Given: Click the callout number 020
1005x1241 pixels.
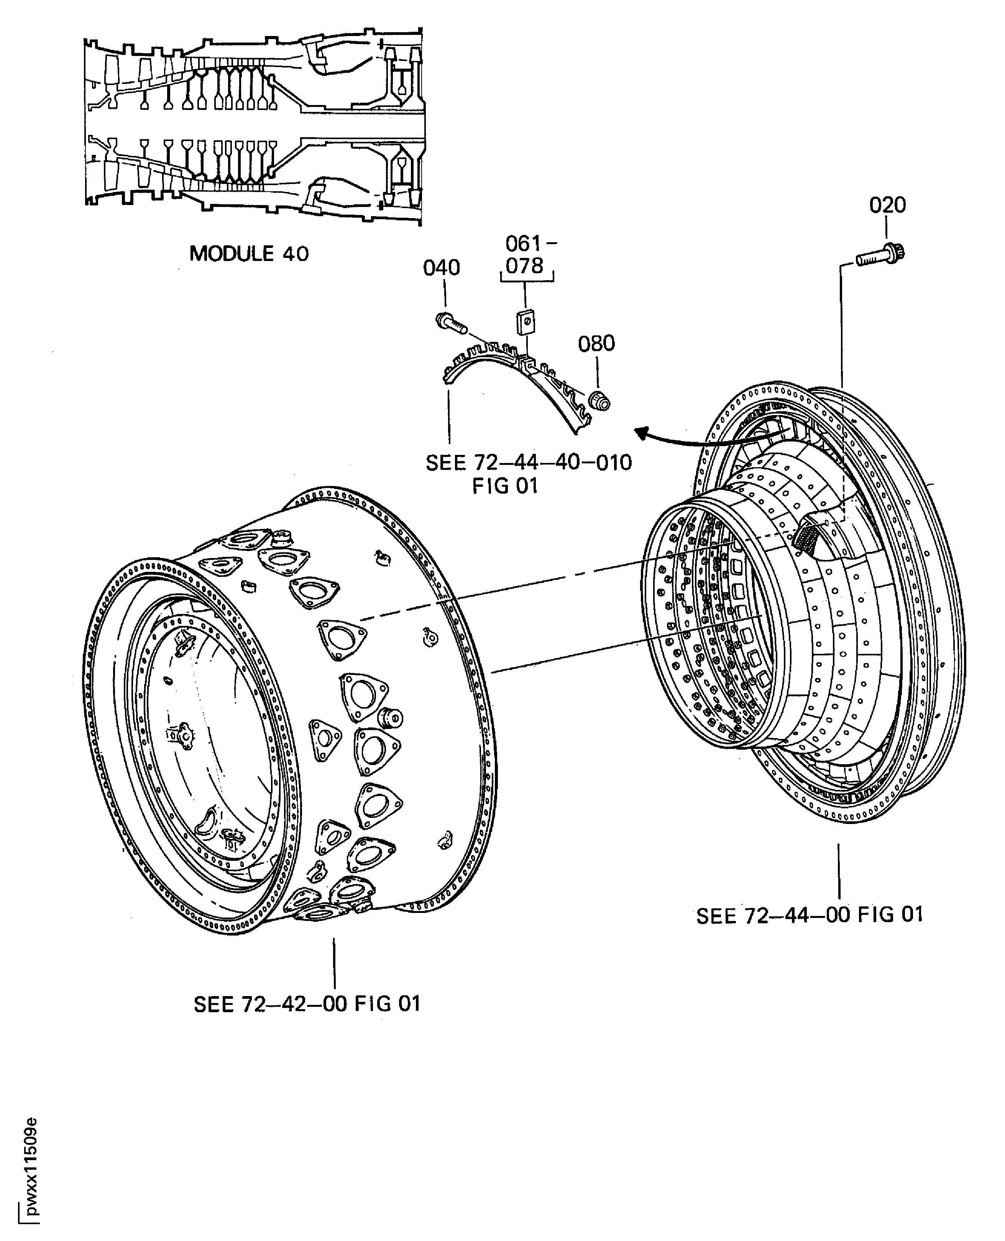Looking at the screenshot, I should pos(887,205).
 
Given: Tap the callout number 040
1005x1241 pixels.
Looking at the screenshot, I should pos(441,268).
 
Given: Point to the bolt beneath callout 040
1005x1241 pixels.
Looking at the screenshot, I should pos(451,322).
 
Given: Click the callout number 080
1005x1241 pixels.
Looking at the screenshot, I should pos(596,344).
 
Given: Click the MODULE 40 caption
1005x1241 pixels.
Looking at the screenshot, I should pos(249,253).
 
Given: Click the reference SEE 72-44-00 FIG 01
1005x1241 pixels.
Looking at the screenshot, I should pos(809,915).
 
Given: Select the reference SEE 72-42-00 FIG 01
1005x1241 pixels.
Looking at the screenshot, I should pos(307,1004).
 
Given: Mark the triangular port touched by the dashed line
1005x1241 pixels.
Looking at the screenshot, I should pos(342,639).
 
